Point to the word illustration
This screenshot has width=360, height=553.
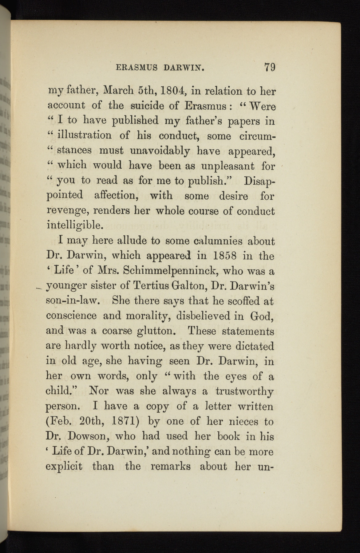pyautogui.click(x=84, y=135)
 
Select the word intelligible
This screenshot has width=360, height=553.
pyautogui.click(x=74, y=226)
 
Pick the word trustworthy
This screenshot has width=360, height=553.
pyautogui.click(x=244, y=391)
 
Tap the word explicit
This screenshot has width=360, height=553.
pyautogui.click(x=64, y=467)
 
